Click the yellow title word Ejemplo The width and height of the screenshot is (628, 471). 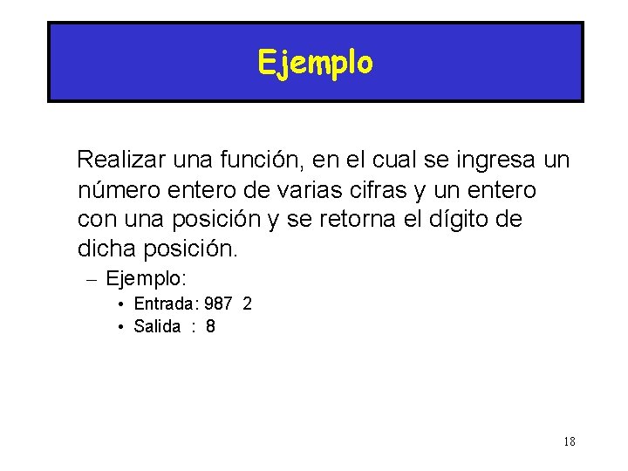[315, 63]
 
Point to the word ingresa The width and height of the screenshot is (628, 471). [493, 160]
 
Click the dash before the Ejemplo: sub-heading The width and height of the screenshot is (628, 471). [92, 280]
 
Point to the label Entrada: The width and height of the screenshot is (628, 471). [166, 304]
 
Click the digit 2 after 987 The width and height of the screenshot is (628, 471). [248, 304]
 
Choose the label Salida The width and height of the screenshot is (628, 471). [157, 327]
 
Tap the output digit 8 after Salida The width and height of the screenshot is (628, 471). [210, 327]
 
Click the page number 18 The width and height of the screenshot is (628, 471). [569, 441]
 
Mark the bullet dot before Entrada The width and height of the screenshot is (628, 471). [121, 304]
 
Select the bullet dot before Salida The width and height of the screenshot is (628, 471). [121, 328]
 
